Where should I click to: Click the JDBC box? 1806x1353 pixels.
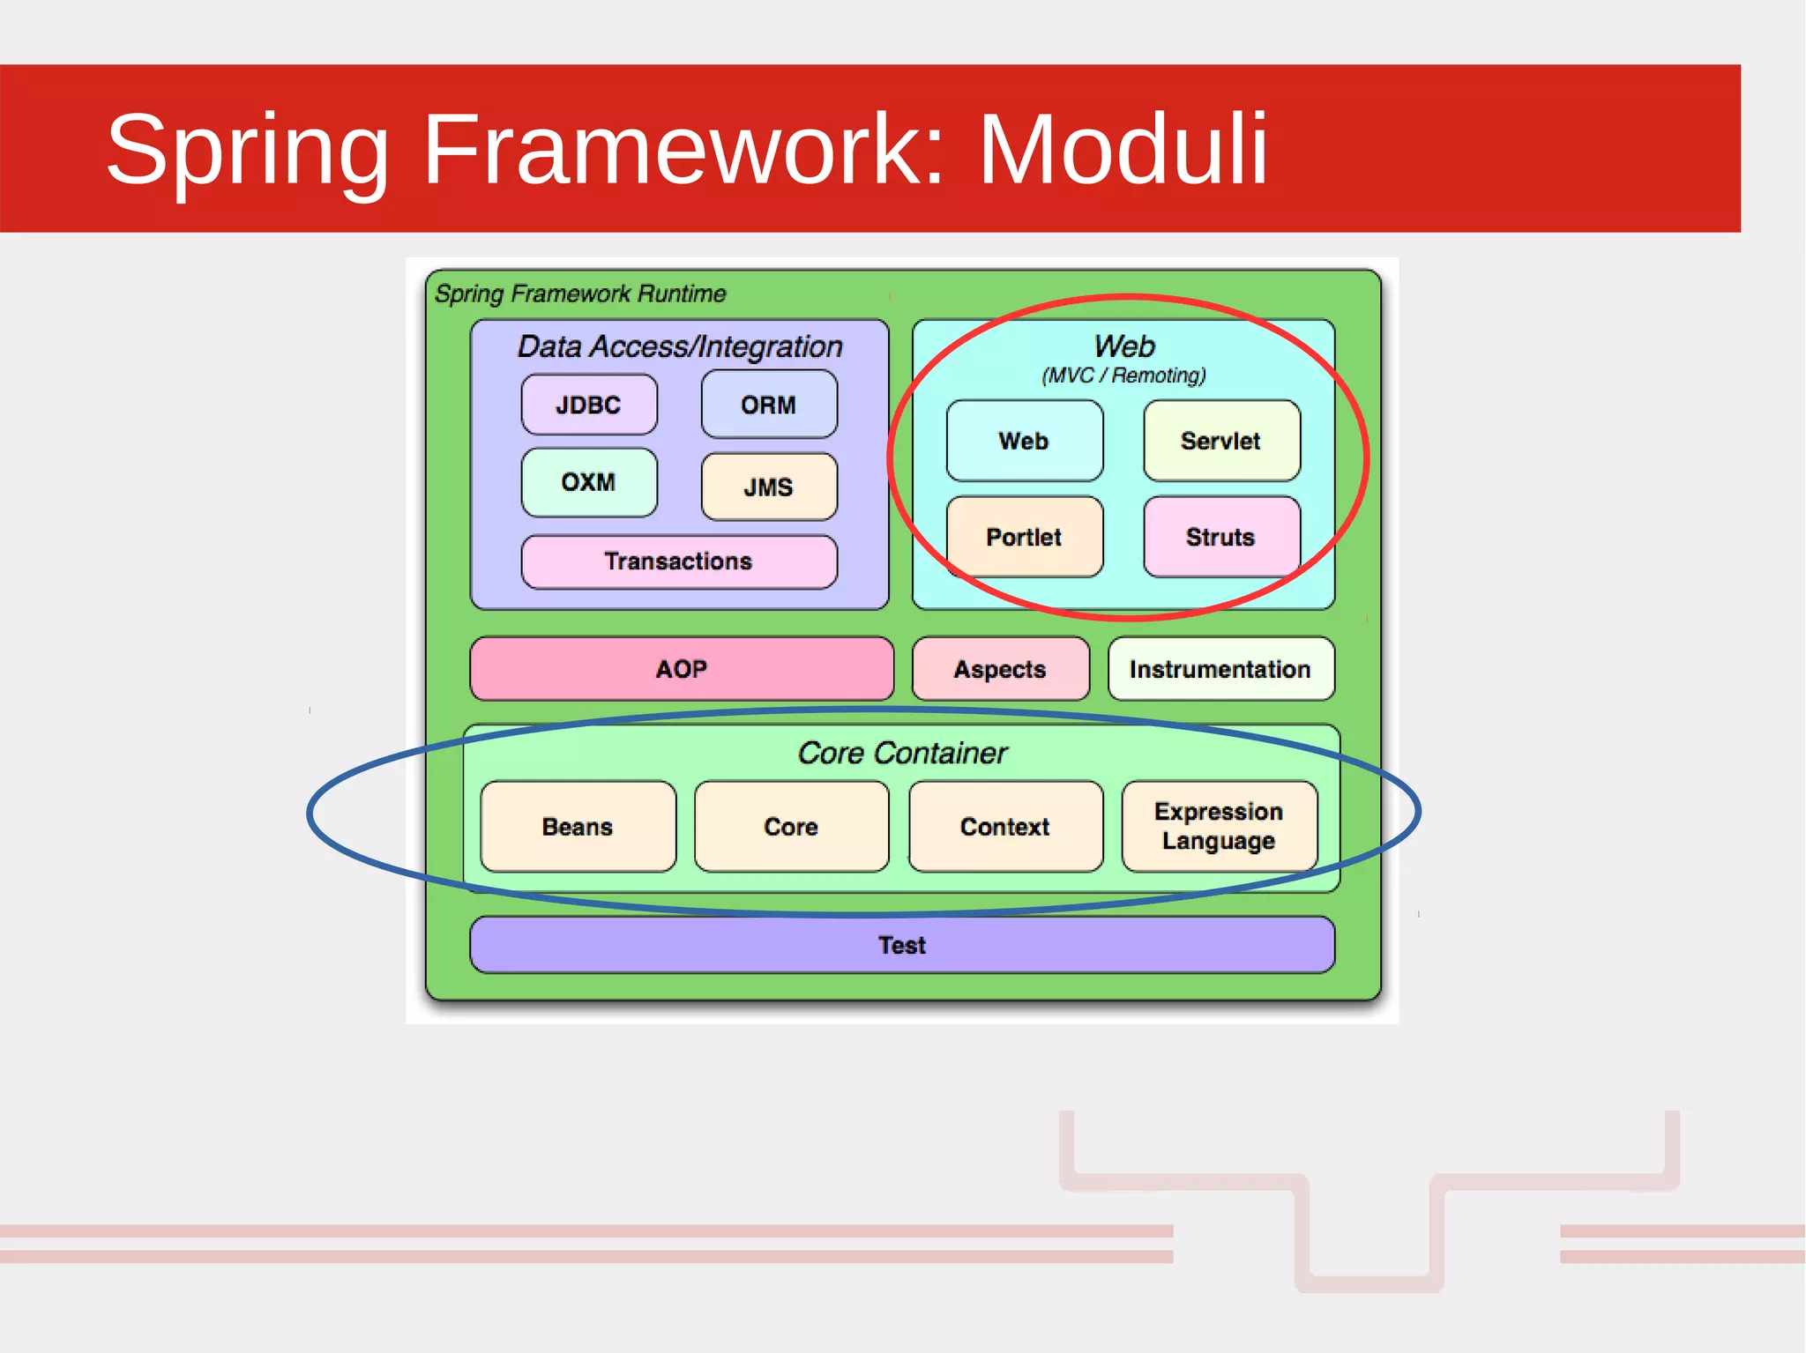point(589,405)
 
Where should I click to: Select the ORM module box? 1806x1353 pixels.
point(769,405)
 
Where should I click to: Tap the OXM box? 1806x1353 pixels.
point(589,482)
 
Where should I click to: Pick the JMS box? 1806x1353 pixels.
point(769,487)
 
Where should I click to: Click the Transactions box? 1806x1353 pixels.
point(678,561)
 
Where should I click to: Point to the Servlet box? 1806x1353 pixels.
point(1221,441)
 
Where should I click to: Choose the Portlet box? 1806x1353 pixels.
point(1024,537)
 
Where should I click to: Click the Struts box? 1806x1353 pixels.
point(1221,537)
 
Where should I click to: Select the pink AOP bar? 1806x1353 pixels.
point(682,669)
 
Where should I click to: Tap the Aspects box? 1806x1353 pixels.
point(1000,669)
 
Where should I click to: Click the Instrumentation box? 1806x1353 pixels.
point(1220,669)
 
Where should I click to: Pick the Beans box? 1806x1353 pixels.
point(578,827)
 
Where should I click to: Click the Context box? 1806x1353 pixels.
point(1005,827)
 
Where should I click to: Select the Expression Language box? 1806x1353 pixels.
point(1219,826)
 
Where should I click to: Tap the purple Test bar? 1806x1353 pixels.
point(902,945)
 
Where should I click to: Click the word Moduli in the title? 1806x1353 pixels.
point(1123,150)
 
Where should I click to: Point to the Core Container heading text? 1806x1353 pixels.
point(902,753)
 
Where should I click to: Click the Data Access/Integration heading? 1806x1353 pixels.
point(680,346)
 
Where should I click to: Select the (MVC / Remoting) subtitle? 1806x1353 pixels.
point(1123,375)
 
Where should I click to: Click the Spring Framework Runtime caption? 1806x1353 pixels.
point(580,294)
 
